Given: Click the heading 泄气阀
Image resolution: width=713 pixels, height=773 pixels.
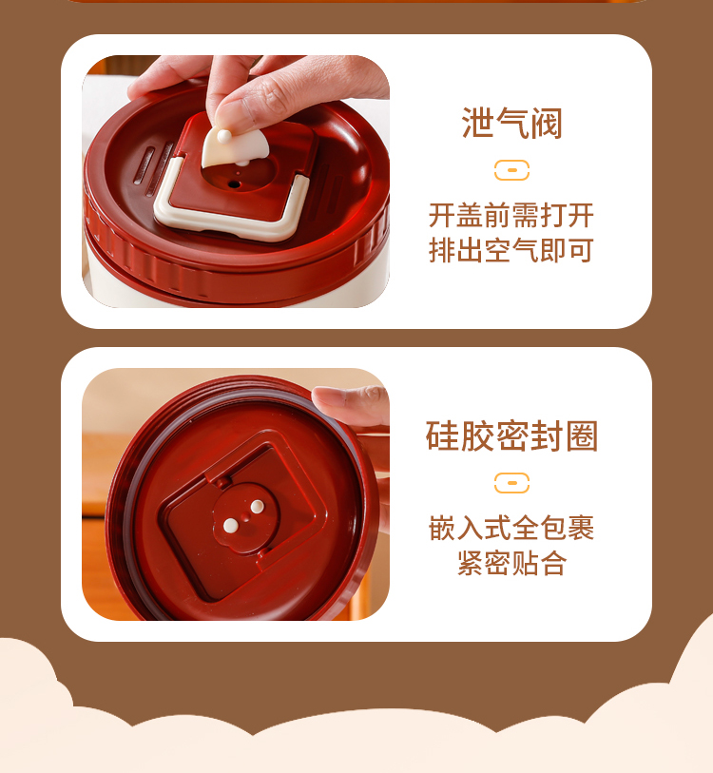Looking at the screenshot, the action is point(511,123).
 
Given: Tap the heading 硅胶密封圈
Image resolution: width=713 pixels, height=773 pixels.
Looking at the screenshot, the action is point(511,435).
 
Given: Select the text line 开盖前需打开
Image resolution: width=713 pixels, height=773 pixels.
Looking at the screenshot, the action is point(511,216).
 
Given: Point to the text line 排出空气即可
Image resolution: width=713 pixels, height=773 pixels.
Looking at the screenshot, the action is point(511,250).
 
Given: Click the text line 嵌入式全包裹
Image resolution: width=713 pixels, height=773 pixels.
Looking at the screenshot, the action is point(511,528).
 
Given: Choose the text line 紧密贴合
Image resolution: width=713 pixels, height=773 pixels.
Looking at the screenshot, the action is point(511,563).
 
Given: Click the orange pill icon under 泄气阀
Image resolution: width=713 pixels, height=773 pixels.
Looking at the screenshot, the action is point(511,170).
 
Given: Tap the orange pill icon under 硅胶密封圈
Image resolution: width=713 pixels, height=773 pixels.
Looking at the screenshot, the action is point(511,483).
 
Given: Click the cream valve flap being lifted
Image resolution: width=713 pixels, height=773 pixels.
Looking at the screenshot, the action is point(234,146).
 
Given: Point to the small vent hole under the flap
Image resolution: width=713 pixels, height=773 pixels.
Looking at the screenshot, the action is point(234,184).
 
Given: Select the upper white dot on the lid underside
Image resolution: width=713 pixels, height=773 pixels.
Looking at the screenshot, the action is point(257,506).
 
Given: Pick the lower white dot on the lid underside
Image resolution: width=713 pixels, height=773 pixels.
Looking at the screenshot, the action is point(230,526).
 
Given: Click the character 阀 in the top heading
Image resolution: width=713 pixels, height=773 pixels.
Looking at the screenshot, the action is point(547,123).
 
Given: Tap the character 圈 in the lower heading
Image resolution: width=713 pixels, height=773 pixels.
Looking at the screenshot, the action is point(583,435).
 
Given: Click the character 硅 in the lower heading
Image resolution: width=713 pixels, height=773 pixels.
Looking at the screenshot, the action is point(442,435).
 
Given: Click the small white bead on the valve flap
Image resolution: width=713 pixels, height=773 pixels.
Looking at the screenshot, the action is point(223,136).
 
